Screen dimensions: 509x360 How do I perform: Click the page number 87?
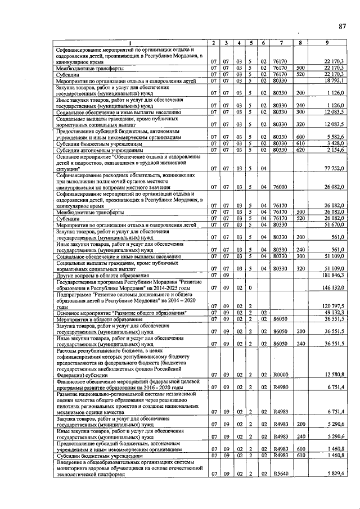pos(341,26)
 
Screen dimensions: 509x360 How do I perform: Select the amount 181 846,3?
pos(332,275)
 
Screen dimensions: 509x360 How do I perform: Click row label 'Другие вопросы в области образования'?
pos(102,275)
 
